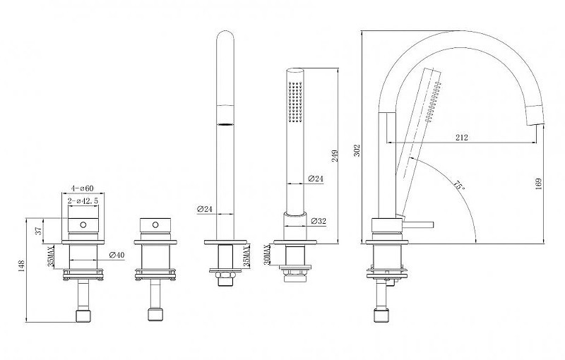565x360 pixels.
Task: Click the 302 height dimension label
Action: pyautogui.click(x=357, y=151)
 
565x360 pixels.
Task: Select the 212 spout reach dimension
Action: pyautogui.click(x=462, y=137)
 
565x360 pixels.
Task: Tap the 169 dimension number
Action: pyautogui.click(x=539, y=184)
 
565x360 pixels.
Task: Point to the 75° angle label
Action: pyautogui.click(x=458, y=186)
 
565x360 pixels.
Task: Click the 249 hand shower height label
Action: pyautogui.click(x=335, y=155)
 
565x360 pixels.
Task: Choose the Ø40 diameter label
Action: pyautogui.click(x=117, y=255)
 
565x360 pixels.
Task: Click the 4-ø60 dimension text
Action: pyautogui.click(x=82, y=188)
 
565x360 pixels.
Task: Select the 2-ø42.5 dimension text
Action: pyautogui.click(x=83, y=200)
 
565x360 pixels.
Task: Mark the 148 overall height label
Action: pyautogui.click(x=22, y=266)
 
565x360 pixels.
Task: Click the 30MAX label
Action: pyautogui.click(x=267, y=255)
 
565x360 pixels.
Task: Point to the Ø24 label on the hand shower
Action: pyautogui.click(x=316, y=178)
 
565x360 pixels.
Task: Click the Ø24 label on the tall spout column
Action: pyautogui.click(x=205, y=208)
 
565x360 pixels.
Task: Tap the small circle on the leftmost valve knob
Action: pyautogui.click(x=83, y=225)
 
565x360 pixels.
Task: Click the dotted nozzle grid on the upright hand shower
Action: pyautogui.click(x=295, y=102)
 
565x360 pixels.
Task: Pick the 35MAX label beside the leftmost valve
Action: pyautogui.click(x=52, y=256)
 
